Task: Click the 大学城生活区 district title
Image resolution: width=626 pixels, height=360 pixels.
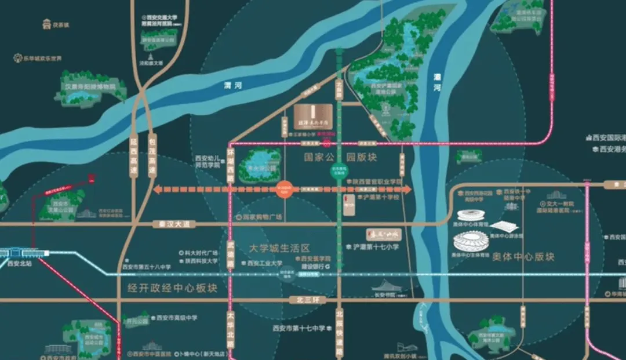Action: [279, 248]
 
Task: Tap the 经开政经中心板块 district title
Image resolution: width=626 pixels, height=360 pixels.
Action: [168, 287]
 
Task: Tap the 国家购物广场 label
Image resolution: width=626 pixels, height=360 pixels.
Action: [261, 217]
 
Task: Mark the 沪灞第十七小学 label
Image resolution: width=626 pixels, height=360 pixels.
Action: [376, 246]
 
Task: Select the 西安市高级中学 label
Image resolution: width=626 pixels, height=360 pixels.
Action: [177, 318]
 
